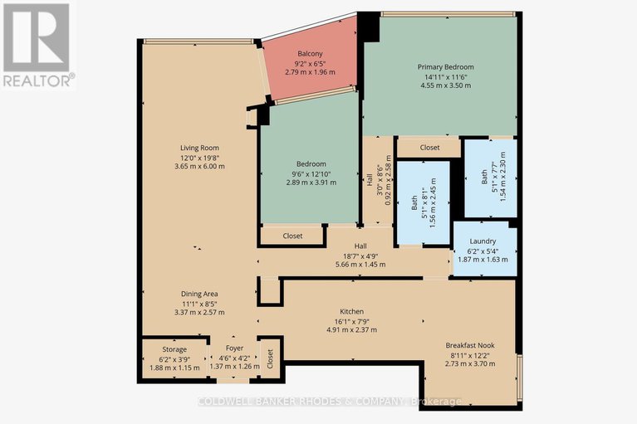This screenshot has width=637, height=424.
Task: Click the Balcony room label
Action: [x=310, y=54]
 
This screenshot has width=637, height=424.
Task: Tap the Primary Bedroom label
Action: [x=446, y=67]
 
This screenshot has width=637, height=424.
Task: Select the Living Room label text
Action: [x=199, y=148]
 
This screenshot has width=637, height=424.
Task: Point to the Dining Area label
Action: [x=199, y=294]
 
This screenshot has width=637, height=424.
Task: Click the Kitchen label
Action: [x=352, y=312]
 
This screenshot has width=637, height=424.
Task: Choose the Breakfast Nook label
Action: [x=470, y=345]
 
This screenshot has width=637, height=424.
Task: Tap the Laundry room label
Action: [x=483, y=241]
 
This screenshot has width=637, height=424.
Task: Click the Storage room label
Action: [x=174, y=349]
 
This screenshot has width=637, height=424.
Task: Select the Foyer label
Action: [x=234, y=348]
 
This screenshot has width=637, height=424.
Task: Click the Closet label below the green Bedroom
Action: [x=292, y=236]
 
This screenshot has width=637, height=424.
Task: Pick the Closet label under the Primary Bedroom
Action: [x=430, y=148]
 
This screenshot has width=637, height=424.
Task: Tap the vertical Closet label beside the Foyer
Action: [x=270, y=358]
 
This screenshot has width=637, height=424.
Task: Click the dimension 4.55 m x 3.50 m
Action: [x=446, y=85]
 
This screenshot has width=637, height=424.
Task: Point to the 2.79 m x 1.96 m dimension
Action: [x=310, y=72]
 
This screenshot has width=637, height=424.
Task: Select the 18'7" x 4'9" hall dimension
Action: [x=360, y=256]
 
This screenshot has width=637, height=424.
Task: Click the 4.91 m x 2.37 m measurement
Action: [x=352, y=330]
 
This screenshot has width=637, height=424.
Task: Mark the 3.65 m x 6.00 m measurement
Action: [x=199, y=166]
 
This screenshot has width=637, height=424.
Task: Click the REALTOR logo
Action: [x=37, y=45]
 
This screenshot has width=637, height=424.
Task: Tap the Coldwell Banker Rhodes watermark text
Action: [x=330, y=402]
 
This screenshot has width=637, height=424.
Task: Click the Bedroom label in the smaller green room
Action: [x=311, y=164]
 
